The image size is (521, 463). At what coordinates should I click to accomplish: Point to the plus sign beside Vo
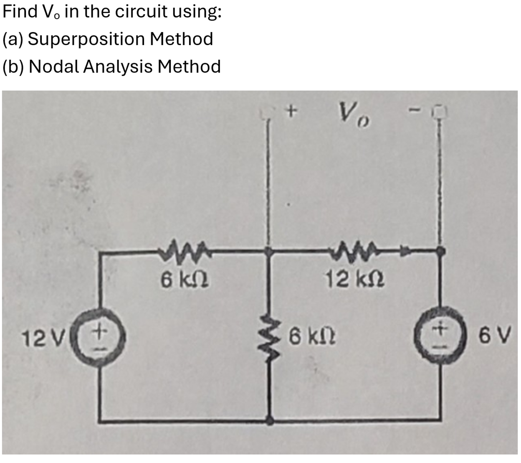click(x=292, y=111)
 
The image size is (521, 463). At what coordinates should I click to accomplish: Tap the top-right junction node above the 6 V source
click(x=440, y=251)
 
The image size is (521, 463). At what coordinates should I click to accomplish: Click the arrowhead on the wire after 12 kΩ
click(x=404, y=252)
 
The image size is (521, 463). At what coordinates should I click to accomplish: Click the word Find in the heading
click(x=20, y=12)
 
